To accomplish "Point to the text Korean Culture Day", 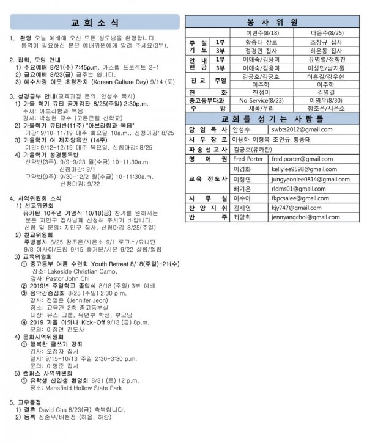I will point(133,80).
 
